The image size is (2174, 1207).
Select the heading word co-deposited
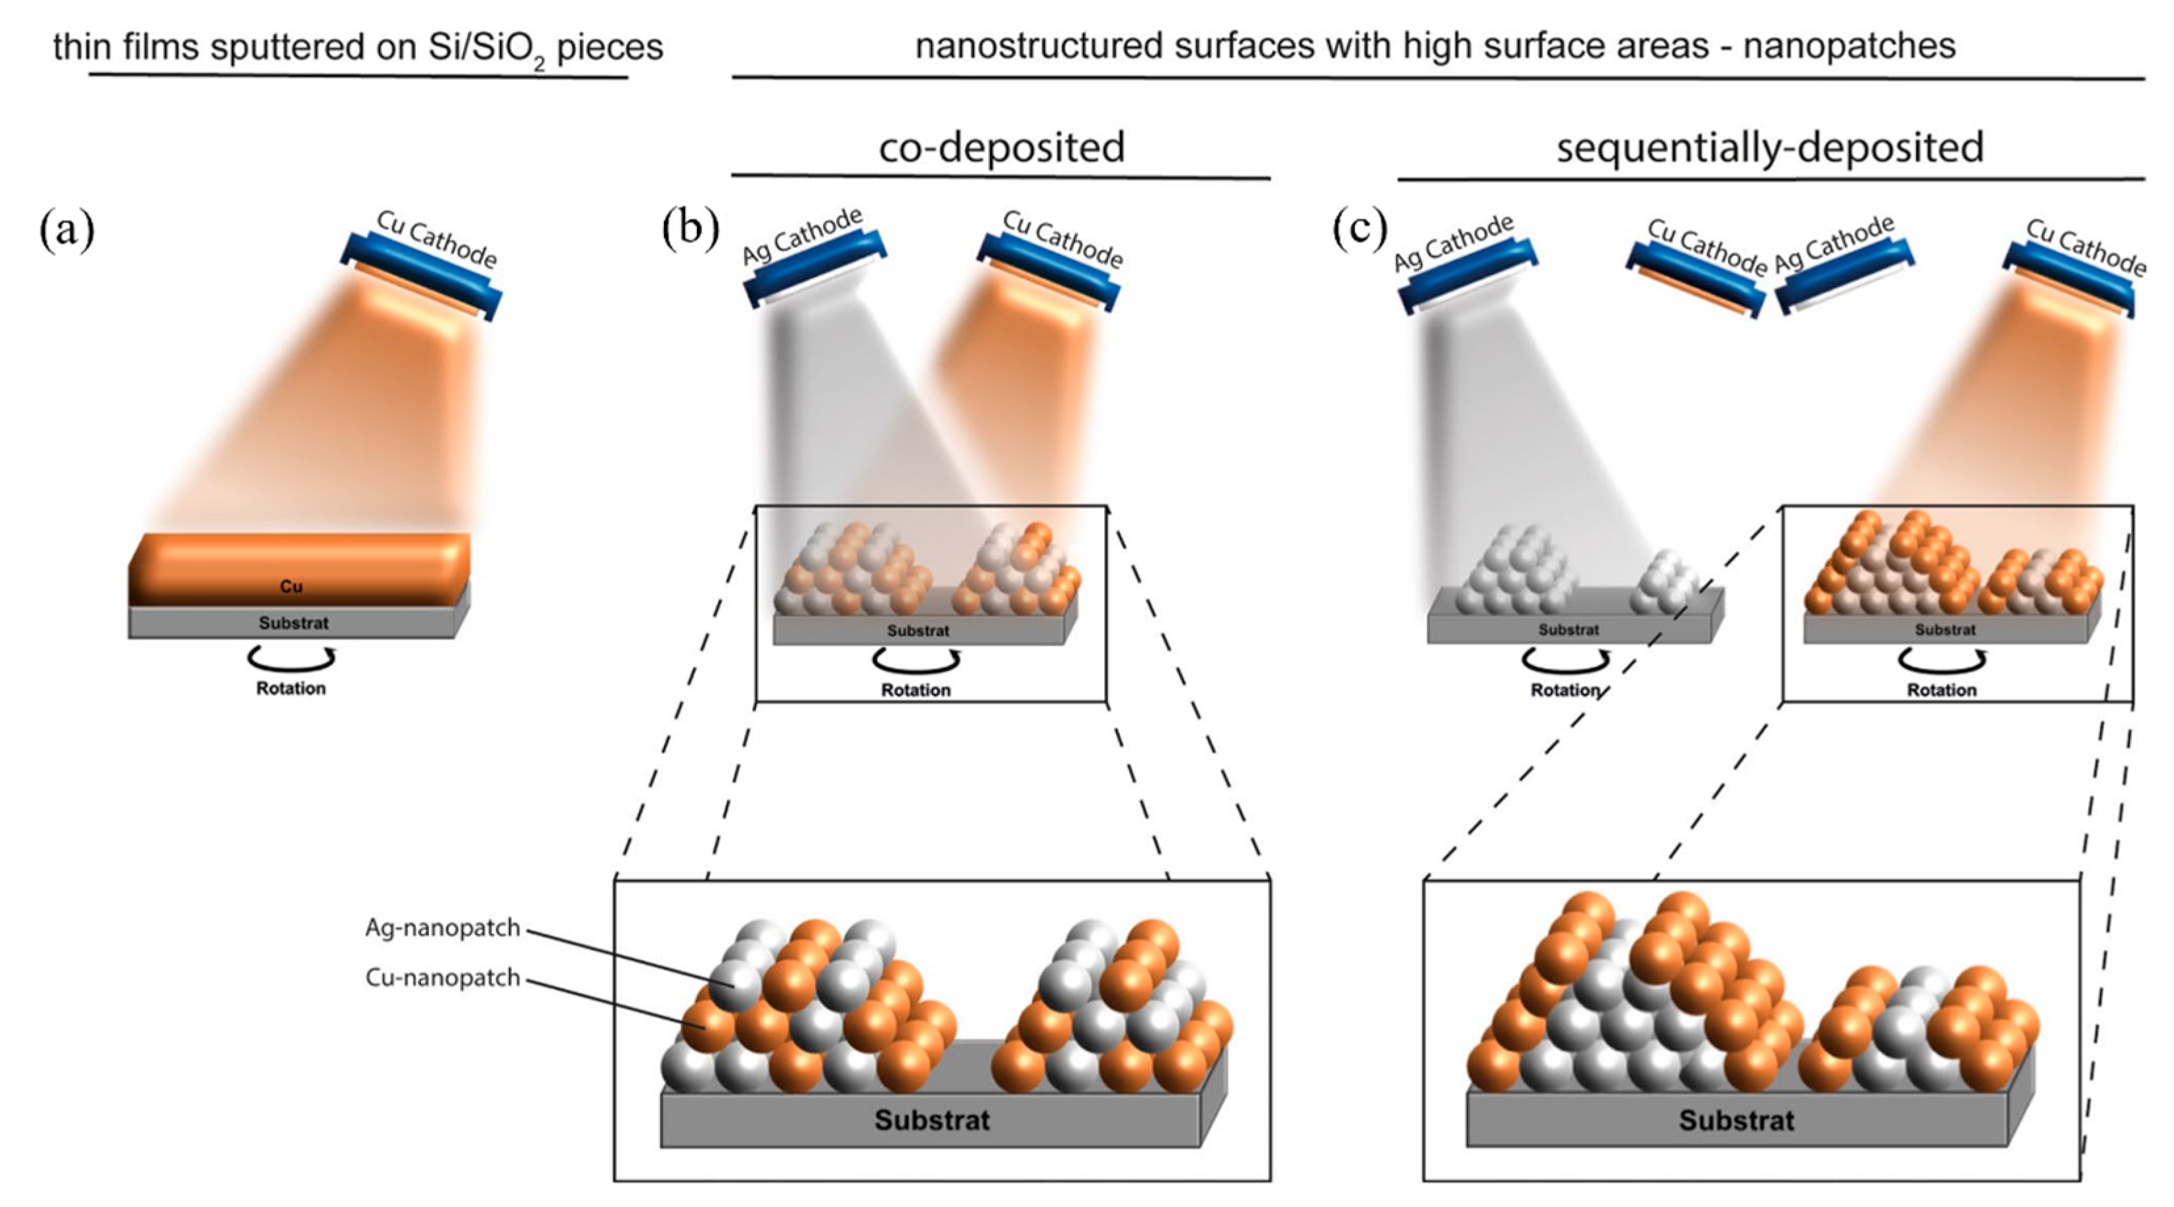click(1002, 148)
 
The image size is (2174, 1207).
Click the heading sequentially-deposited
click(1770, 148)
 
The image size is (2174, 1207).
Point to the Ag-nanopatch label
click(442, 928)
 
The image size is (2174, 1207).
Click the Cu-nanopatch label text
click(442, 978)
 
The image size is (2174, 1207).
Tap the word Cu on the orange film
click(291, 586)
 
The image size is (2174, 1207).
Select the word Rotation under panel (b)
click(916, 691)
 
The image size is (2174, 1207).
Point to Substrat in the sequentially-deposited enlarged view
click(1736, 1120)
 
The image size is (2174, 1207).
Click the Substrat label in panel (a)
click(293, 624)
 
